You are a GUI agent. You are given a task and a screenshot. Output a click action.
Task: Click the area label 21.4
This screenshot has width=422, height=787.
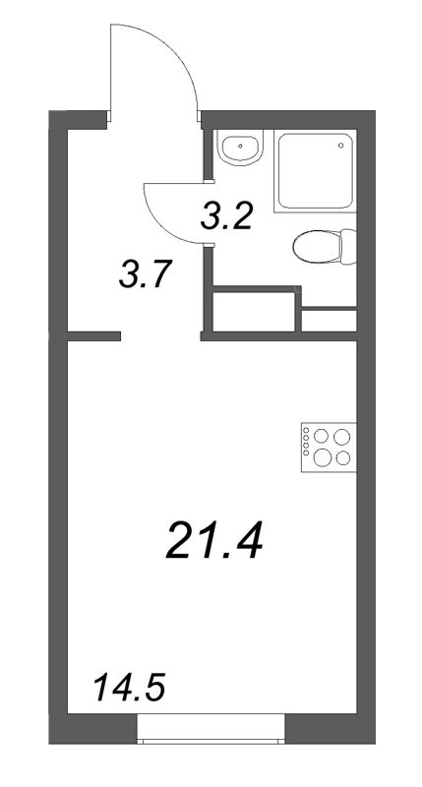[x=214, y=539]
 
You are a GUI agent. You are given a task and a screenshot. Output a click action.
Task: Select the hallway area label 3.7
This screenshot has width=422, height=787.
[x=146, y=273]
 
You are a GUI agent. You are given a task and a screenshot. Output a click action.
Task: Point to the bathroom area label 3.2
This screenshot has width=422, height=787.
[x=225, y=215]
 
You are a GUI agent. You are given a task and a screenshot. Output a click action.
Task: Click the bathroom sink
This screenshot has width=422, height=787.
[x=240, y=147]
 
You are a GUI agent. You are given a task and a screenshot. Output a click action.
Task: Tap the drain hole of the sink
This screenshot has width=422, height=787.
[x=241, y=147]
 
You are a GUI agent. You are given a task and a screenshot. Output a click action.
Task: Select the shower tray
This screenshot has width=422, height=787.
[x=316, y=170]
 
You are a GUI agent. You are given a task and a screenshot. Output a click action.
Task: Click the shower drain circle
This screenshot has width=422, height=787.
[x=341, y=146]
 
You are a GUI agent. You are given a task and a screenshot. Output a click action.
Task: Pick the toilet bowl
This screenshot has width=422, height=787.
[x=317, y=246]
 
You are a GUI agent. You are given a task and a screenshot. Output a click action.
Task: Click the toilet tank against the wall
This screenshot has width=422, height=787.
[x=349, y=246]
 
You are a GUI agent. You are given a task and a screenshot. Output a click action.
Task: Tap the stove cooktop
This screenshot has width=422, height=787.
[x=329, y=448]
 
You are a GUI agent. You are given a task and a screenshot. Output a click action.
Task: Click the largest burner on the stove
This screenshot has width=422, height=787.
[x=323, y=457]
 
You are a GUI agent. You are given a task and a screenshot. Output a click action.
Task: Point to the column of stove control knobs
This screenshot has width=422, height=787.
[x=306, y=442]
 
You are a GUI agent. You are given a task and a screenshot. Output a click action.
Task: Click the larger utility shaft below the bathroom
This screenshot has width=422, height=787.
[x=254, y=311]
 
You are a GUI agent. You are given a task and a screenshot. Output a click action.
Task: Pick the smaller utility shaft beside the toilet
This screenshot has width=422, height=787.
[x=330, y=321]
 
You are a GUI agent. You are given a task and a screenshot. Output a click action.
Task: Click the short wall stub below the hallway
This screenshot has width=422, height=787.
[x=93, y=335]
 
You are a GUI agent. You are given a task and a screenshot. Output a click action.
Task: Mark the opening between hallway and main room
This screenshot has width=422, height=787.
[x=160, y=335]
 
